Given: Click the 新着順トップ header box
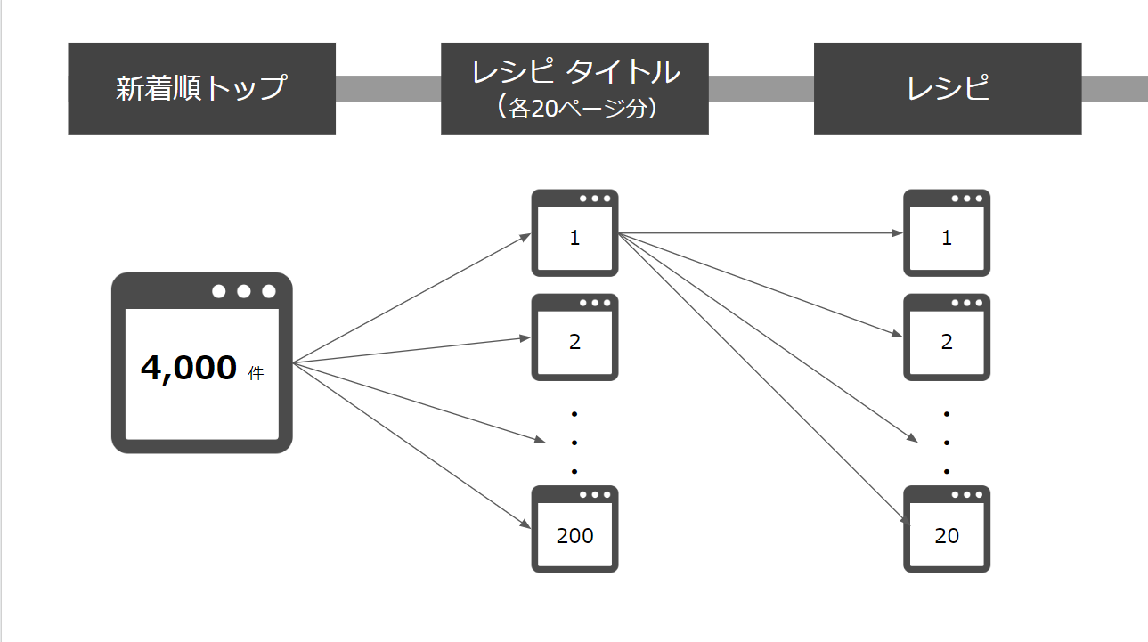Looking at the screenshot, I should coord(201,89).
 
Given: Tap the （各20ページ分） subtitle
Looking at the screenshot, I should coord(574,109).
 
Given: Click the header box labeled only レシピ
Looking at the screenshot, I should coord(947,89).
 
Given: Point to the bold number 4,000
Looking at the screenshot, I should coord(189,368).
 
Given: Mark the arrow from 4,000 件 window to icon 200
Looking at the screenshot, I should coord(410,445).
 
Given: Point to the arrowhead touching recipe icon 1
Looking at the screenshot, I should coord(898,233).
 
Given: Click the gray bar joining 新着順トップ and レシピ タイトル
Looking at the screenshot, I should coord(387,89).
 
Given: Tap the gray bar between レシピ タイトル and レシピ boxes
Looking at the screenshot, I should coord(761,89).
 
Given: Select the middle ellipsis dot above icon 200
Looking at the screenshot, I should coord(574,443).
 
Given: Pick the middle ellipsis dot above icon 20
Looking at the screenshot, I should coord(947,443).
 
